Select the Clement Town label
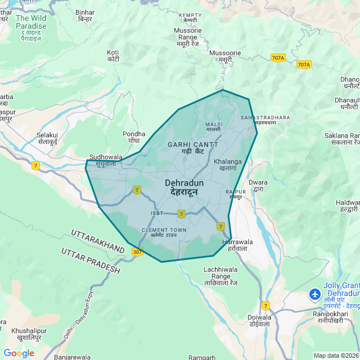point(164,232)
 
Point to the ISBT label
point(157,213)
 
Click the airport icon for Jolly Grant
point(316,294)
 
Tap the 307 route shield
point(138,252)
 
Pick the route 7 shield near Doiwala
point(265,305)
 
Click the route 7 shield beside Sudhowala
point(36,165)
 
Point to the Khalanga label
point(228,165)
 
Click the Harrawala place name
point(238,245)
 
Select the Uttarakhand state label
point(98,241)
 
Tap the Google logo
point(19,353)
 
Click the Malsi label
point(214,127)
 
